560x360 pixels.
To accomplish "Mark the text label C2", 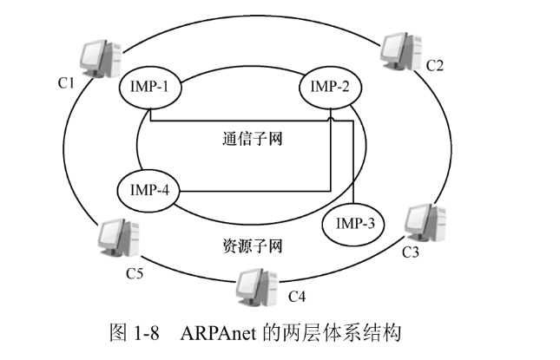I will point(434,65).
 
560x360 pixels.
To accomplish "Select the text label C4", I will point(296,298).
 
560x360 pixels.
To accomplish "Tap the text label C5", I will point(134,274).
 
